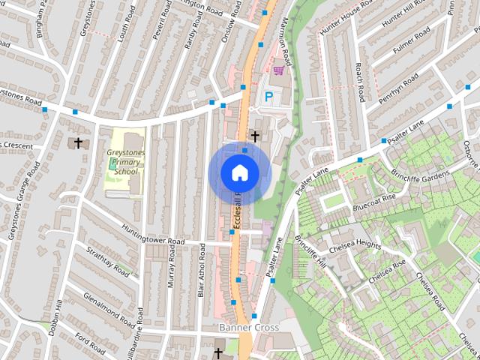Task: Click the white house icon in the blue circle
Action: click(x=239, y=173)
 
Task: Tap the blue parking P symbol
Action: click(x=268, y=96)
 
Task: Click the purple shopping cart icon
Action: click(x=279, y=71)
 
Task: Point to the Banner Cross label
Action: click(x=248, y=328)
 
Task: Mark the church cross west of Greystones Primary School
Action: click(x=76, y=142)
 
